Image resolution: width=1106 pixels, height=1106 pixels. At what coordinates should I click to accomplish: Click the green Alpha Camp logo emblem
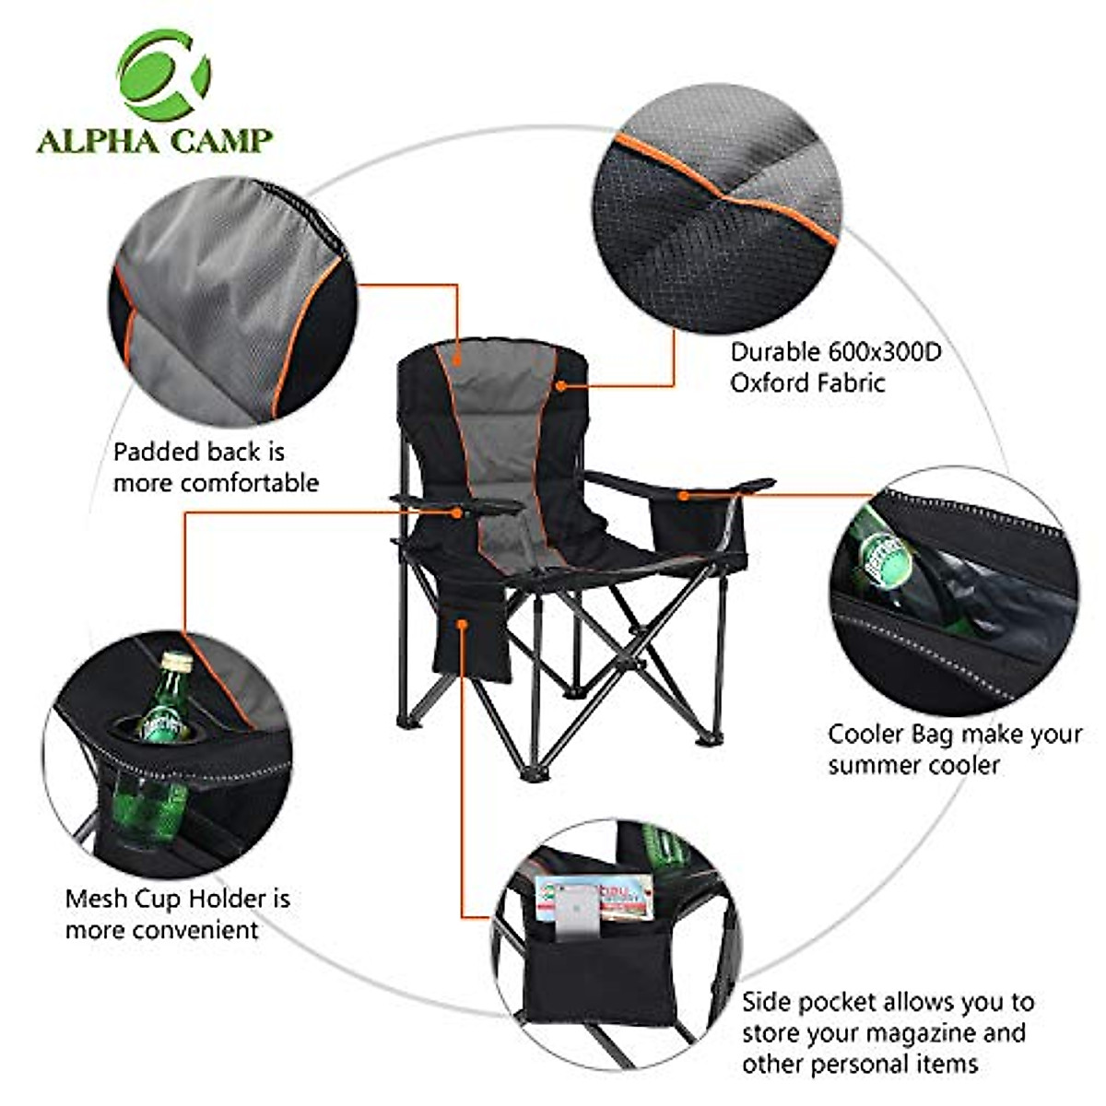(x=163, y=76)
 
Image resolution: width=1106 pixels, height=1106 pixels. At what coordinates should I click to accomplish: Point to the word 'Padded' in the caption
(x=156, y=453)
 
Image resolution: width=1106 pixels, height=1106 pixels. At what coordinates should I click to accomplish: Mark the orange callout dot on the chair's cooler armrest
(x=683, y=495)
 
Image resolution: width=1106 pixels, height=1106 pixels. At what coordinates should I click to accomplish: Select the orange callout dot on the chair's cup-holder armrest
(x=457, y=512)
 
